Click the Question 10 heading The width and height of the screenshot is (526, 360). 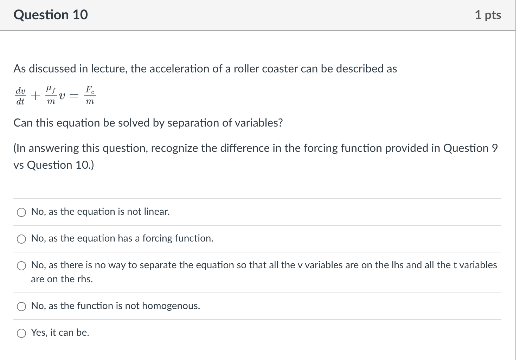[x=51, y=15]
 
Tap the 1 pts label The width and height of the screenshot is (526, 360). [x=488, y=15]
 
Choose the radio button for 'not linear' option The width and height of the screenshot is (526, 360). [x=22, y=212]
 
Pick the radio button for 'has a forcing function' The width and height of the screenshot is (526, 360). [x=22, y=239]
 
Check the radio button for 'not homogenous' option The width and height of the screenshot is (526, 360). [x=22, y=307]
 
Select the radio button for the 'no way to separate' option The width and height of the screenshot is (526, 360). [x=22, y=266]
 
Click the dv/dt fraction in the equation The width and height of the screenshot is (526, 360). [x=20, y=96]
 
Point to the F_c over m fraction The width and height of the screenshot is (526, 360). [x=90, y=96]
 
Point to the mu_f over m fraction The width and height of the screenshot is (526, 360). [x=51, y=96]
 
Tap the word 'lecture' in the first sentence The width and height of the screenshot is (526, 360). [x=108, y=69]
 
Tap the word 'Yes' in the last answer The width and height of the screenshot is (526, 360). [x=39, y=333]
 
